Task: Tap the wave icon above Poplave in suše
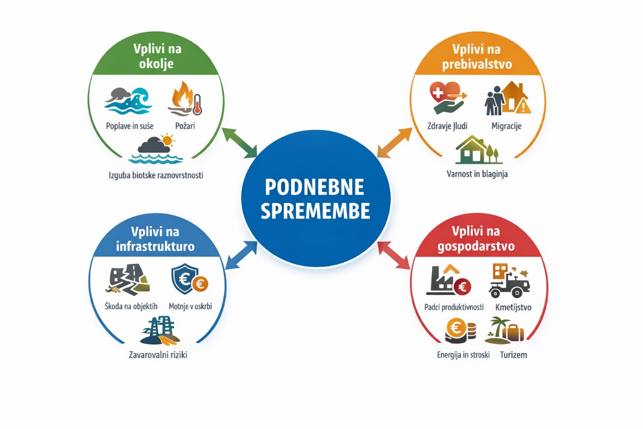pyautogui.click(x=129, y=100)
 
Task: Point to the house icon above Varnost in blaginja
pyautogui.click(x=476, y=150)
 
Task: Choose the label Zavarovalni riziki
pyautogui.click(x=158, y=356)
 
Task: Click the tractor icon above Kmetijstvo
pyautogui.click(x=509, y=281)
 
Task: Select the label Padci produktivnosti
pyautogui.click(x=454, y=307)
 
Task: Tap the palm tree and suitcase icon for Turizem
pyautogui.click(x=504, y=330)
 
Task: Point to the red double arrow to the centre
pyautogui.click(x=394, y=255)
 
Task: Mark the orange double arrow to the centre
pyautogui.click(x=394, y=142)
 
